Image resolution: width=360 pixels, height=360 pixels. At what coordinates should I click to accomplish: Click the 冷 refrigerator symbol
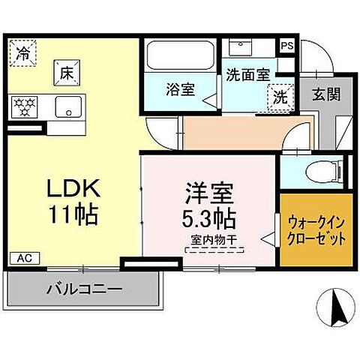coord(23,53)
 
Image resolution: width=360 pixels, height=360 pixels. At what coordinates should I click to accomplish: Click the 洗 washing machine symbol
coord(278,95)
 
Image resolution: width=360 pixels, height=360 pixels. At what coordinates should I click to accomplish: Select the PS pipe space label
coord(287,45)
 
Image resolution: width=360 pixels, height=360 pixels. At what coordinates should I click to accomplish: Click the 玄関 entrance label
coord(325,94)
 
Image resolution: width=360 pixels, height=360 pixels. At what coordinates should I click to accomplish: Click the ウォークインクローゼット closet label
coord(316,230)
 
